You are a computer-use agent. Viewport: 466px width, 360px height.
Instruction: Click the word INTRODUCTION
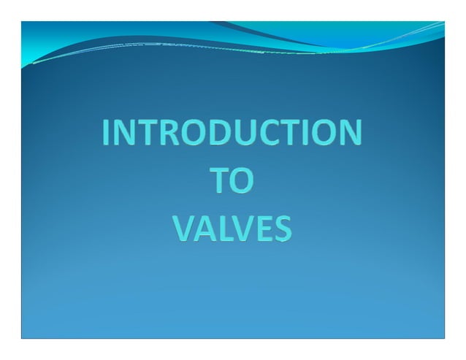tap(232, 133)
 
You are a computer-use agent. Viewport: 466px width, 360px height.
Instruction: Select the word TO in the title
tap(232, 181)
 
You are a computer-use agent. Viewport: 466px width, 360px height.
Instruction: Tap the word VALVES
tap(232, 229)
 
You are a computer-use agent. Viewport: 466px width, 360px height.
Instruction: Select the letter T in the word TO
tap(220, 181)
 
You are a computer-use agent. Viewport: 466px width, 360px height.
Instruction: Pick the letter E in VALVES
tap(263, 229)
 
